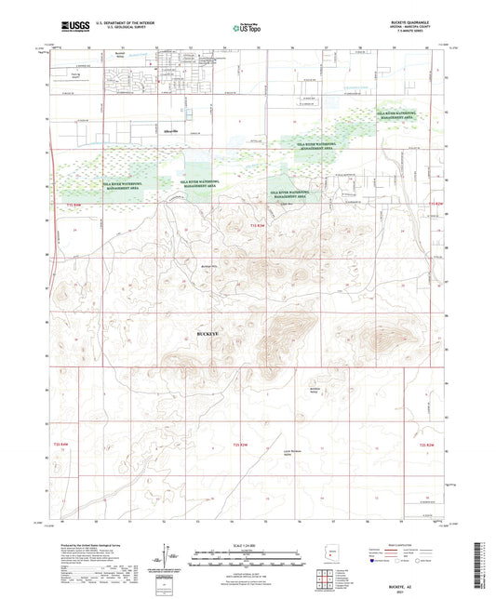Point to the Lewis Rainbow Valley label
(x=292, y=455)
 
